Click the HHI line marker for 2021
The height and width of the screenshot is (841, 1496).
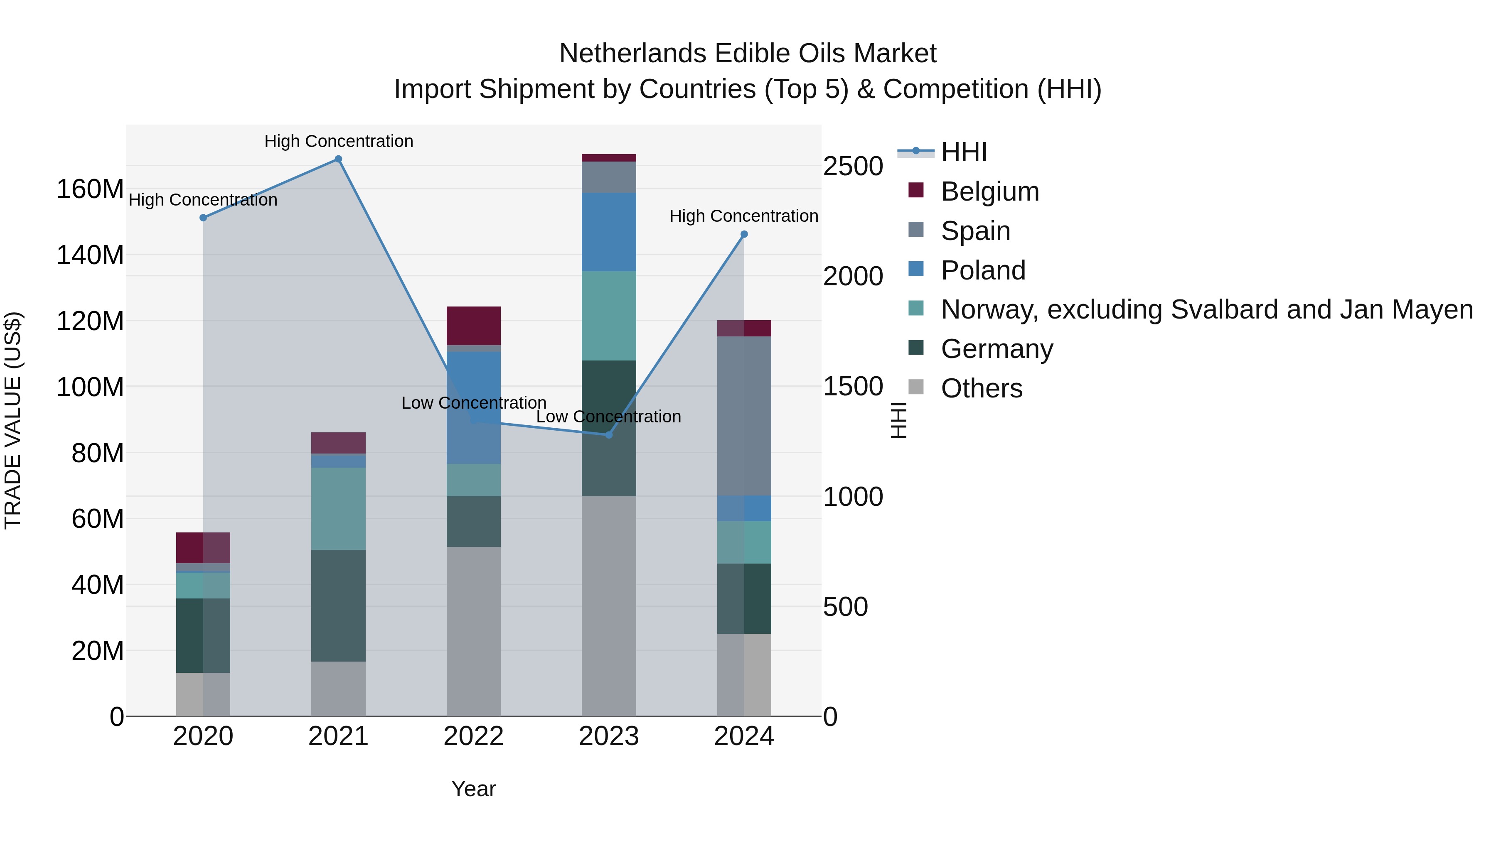click(x=338, y=159)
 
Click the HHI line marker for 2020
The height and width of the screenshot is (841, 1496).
click(x=203, y=218)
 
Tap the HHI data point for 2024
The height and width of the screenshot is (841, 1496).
click(x=744, y=235)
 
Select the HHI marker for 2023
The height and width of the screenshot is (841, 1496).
click(x=609, y=435)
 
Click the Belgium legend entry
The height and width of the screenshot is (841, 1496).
click(x=989, y=191)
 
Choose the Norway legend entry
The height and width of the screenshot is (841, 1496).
click(x=1206, y=309)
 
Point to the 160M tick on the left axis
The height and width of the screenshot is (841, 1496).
click(x=89, y=189)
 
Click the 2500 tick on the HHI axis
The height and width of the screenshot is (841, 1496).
click(x=853, y=167)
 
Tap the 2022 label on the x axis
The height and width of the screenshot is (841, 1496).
click(x=473, y=736)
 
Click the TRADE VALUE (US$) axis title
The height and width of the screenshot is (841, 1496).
click(x=13, y=420)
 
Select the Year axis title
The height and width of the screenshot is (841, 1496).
click(x=473, y=789)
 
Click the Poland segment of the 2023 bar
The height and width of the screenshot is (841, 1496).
click(x=609, y=232)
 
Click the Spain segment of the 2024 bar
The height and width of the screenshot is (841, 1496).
click(x=744, y=416)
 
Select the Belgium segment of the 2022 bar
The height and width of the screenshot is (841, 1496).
click(x=473, y=326)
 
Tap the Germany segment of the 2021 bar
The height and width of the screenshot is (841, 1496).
click(x=338, y=606)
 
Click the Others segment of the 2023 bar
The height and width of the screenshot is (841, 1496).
click(x=609, y=606)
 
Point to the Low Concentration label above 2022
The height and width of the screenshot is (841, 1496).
click(x=473, y=403)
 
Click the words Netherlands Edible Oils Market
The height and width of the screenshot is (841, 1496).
click(x=748, y=54)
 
